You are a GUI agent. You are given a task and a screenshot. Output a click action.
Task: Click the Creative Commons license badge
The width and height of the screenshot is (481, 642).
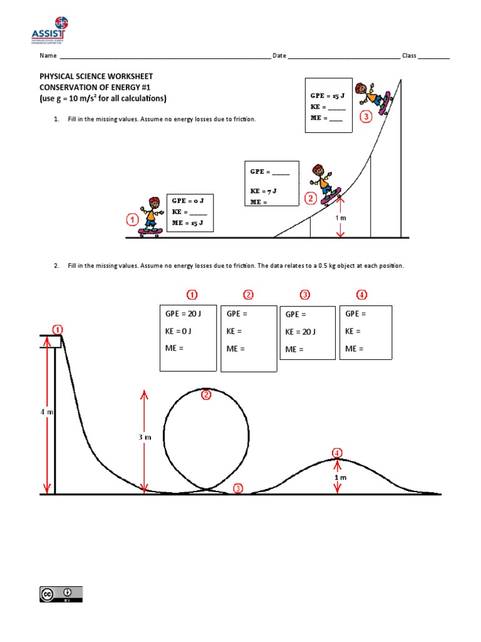coord(61,594)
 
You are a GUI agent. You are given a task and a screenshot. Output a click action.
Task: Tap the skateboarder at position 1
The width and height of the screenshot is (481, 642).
coord(150,216)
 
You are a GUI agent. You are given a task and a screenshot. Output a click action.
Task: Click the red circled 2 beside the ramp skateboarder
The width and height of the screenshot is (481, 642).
coord(310,198)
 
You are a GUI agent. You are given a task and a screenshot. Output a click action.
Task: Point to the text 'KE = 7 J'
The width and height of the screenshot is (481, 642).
coord(264,190)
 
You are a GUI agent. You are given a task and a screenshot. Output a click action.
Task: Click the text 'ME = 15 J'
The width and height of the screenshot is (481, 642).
coord(188,223)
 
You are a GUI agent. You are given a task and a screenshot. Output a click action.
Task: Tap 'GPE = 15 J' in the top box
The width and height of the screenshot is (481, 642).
coord(328,95)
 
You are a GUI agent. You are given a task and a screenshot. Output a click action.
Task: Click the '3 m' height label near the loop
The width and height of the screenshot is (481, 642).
coord(145,437)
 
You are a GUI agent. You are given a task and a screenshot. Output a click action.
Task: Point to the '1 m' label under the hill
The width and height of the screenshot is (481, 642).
coord(340,477)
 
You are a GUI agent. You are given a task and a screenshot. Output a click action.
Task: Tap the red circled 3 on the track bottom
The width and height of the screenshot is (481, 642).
coord(237,489)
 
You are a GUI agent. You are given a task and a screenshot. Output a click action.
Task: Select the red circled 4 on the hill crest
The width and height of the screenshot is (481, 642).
coord(337,453)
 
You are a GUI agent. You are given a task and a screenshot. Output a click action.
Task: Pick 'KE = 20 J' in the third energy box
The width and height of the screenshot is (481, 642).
coord(301,332)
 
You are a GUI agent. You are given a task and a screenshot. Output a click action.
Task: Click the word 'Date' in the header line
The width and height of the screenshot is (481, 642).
coord(279,56)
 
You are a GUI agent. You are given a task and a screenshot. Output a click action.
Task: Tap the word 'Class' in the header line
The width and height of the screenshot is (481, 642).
coord(409,56)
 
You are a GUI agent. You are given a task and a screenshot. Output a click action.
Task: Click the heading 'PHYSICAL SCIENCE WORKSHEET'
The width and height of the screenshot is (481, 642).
coord(96,76)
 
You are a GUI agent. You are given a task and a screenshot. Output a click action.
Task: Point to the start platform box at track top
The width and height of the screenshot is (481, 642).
coord(51,341)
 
